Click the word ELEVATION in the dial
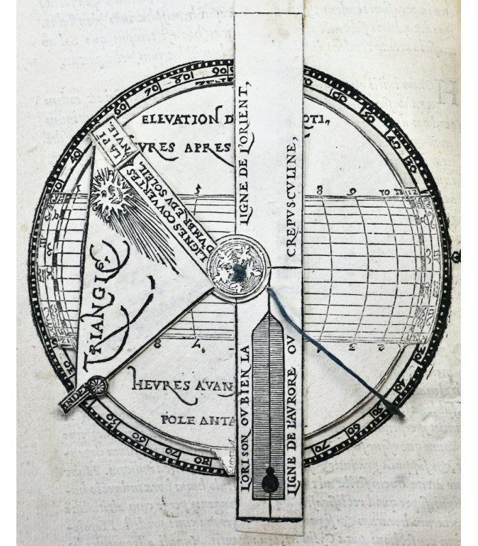coord(176,119)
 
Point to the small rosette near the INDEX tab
coord(96,387)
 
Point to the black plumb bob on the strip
coord(270,481)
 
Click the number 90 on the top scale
coord(219,72)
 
